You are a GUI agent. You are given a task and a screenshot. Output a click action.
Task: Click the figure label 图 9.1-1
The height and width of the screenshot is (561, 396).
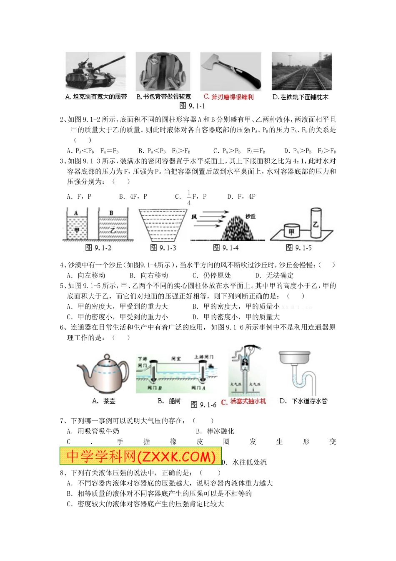[x=192, y=106]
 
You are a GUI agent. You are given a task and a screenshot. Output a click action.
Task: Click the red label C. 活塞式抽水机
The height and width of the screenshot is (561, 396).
[x=243, y=402]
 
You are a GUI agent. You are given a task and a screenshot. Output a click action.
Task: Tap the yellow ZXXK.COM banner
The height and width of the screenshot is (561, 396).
[x=140, y=456]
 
